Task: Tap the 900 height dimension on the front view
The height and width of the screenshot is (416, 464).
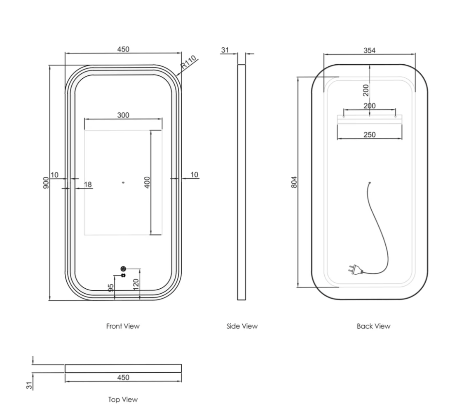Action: (x=46, y=182)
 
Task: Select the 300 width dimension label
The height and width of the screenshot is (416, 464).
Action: (x=123, y=115)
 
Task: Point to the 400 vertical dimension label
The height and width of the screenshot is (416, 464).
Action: (x=148, y=182)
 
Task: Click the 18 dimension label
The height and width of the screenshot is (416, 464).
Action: (x=88, y=185)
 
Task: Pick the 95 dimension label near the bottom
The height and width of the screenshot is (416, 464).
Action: (x=111, y=287)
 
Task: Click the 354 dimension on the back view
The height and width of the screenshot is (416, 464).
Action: (x=369, y=50)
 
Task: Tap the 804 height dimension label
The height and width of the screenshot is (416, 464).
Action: (x=294, y=182)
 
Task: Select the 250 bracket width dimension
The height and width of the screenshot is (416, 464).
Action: (x=370, y=134)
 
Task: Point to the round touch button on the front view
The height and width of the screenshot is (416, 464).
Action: (x=123, y=269)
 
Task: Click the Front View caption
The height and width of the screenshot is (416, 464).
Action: (x=123, y=326)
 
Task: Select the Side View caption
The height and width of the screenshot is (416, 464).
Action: (x=242, y=326)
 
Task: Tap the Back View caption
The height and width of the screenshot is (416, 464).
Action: (x=373, y=326)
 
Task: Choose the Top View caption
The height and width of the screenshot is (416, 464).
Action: (x=123, y=400)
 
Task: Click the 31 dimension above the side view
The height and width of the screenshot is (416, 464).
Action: (x=225, y=50)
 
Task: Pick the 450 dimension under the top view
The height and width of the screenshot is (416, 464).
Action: (x=123, y=378)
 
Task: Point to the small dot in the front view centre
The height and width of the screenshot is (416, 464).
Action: (x=123, y=182)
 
